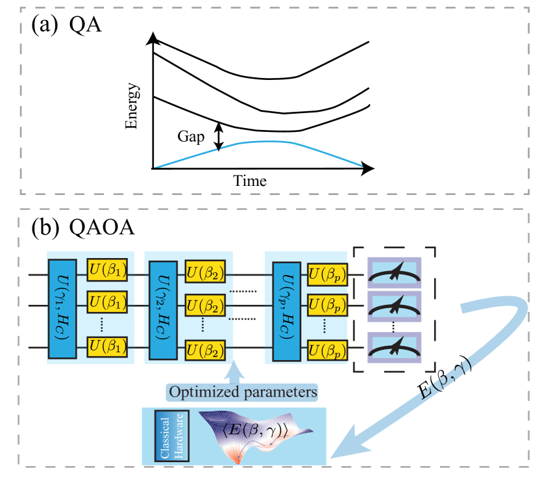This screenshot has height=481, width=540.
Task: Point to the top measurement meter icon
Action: click(x=395, y=271)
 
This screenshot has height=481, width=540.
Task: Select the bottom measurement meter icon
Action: click(x=395, y=347)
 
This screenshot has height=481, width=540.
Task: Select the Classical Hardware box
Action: click(x=171, y=436)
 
